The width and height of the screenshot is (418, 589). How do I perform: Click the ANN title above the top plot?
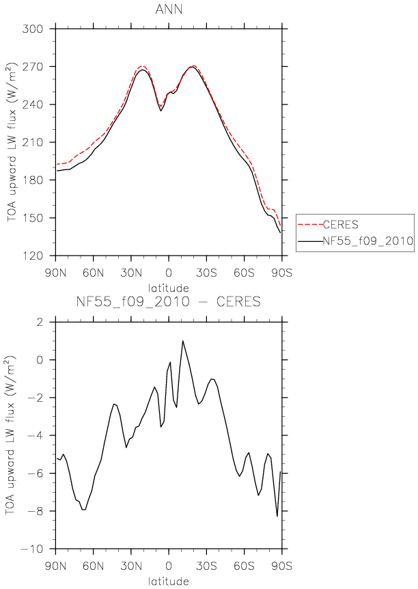[x=169, y=9]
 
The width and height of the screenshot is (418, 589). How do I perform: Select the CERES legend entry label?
[x=341, y=225]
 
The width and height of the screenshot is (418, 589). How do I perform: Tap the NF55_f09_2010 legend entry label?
[x=368, y=241]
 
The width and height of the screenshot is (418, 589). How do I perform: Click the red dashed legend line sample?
[x=310, y=225]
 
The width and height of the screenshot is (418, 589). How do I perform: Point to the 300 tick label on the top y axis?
[x=33, y=29]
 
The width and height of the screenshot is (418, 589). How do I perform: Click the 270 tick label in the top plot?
[x=33, y=67]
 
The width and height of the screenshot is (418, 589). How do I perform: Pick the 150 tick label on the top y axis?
[x=33, y=218]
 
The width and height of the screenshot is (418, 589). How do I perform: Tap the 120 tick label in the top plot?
[x=33, y=256]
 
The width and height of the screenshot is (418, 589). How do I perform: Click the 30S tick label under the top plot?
[x=206, y=273]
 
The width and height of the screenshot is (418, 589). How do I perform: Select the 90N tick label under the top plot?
[x=55, y=273]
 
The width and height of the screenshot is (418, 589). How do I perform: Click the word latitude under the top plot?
[x=169, y=288]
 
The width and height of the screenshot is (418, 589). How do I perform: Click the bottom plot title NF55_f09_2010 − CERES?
[x=169, y=301]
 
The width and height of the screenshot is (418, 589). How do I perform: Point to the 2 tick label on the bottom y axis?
[x=40, y=323]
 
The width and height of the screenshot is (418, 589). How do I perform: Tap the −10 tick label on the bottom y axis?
[x=33, y=549]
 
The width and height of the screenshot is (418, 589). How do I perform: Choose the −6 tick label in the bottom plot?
[x=36, y=474]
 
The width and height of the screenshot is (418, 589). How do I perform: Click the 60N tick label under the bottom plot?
[x=93, y=566]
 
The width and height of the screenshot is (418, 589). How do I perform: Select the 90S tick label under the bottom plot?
[x=281, y=566]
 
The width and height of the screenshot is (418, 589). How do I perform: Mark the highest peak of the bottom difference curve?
[x=183, y=341]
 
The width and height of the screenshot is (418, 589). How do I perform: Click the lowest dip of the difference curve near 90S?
[x=277, y=517]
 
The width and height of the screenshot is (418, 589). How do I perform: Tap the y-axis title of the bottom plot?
[x=10, y=435]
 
